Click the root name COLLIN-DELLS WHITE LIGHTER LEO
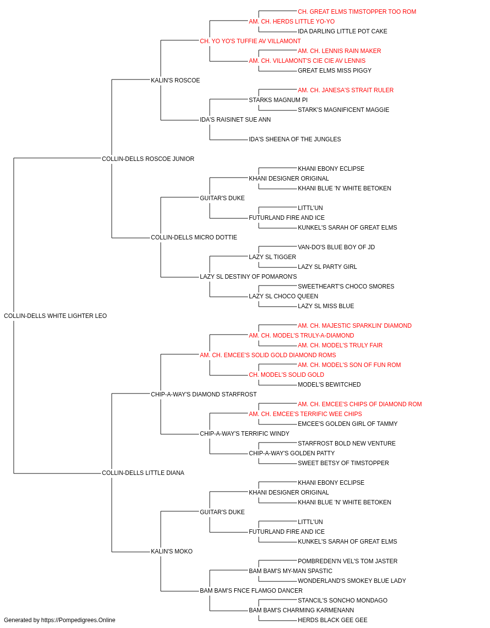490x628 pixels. tap(55, 316)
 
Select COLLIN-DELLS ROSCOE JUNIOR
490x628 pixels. tap(148, 159)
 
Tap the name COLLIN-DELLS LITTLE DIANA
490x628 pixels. tap(143, 473)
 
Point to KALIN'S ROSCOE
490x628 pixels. tap(175, 80)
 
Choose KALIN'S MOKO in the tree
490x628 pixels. tap(171, 551)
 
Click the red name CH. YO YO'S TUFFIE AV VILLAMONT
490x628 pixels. tap(250, 41)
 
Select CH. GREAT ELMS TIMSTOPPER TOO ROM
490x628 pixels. tap(357, 12)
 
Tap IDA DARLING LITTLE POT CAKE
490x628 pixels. tap(343, 31)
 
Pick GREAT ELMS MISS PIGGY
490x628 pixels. tap(335, 71)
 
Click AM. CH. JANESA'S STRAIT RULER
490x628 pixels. tap(346, 90)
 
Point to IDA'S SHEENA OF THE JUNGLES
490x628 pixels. tap(295, 139)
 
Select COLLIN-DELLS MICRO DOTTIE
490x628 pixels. tap(194, 237)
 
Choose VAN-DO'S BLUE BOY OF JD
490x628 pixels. tap(337, 247)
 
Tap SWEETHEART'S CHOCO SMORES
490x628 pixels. tap(346, 287)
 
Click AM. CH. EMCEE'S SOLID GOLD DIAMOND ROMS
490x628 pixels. tap(268, 355)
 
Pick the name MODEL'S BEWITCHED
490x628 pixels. tap(329, 385)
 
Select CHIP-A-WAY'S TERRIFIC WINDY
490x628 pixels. tap(245, 434)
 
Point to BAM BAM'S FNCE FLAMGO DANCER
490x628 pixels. tap(251, 591)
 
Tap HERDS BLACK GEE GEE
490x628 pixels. tap(333, 620)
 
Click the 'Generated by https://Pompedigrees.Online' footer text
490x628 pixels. tap(59, 620)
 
